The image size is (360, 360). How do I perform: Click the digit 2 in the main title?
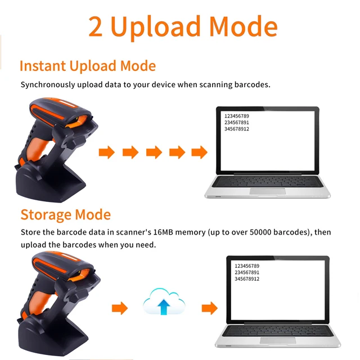pos(95,26)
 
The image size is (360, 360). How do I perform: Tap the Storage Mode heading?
pos(66,215)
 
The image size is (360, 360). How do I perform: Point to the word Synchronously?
pos(48,85)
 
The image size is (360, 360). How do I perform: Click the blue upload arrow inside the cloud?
pos(164,307)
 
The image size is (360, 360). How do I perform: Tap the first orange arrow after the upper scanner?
pos(107,152)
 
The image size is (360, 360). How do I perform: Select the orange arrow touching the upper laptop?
pos(200,152)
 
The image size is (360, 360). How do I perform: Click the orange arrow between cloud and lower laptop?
pos(210,308)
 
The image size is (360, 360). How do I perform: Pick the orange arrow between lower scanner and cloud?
pos(120,308)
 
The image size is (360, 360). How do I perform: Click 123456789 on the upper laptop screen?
pos(237,116)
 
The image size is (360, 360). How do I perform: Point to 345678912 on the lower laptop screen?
pos(247,279)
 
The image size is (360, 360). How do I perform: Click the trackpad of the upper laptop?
pos(268,191)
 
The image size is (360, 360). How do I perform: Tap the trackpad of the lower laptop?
pos(278,340)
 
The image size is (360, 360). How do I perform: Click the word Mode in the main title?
pos(244,26)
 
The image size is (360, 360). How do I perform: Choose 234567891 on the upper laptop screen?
pos(237,123)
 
